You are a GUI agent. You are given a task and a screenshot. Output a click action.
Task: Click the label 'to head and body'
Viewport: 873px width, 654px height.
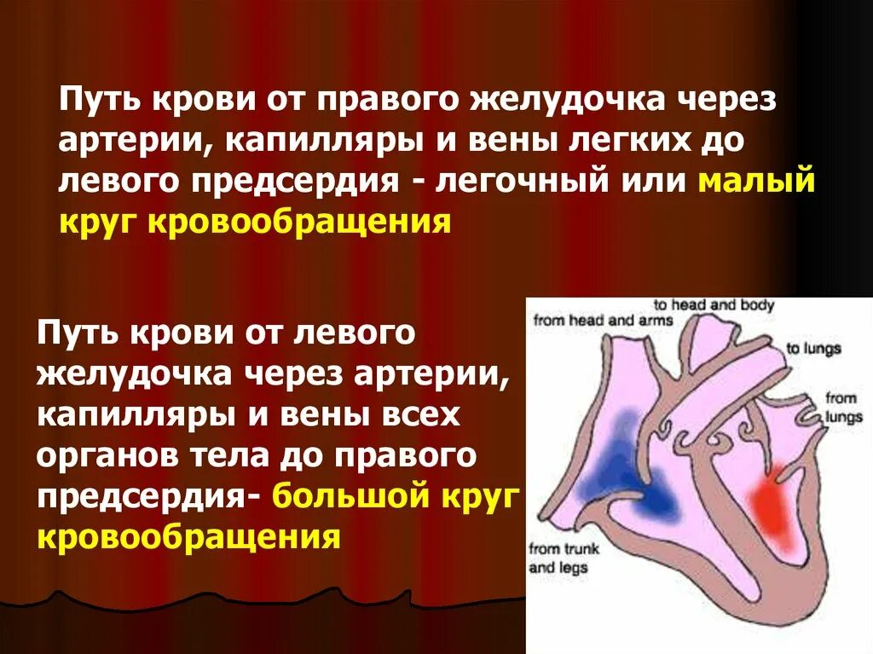click(x=714, y=305)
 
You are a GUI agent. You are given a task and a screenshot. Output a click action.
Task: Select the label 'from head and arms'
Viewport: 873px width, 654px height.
click(x=603, y=321)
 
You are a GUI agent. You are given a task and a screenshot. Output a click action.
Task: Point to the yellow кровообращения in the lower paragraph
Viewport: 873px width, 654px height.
click(x=188, y=538)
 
